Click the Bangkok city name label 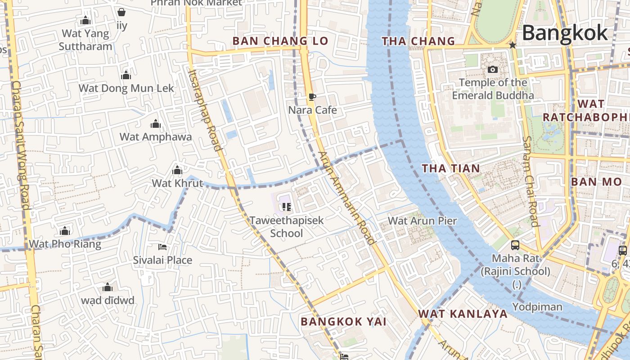(565, 33)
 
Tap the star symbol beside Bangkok (512, 45)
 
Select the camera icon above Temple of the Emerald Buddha (493, 69)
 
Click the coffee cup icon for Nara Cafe (312, 97)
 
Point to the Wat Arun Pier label (422, 221)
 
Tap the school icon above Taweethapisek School (287, 207)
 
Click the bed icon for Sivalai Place (162, 247)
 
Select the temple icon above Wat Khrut (177, 170)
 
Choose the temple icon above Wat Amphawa (156, 124)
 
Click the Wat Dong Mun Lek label (126, 88)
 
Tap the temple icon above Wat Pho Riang (65, 231)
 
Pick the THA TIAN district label (450, 168)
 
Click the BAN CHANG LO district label (280, 41)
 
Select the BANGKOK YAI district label (343, 322)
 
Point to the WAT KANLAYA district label (463, 314)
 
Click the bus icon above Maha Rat (515, 245)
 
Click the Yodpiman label (537, 307)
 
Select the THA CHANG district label (418, 41)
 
